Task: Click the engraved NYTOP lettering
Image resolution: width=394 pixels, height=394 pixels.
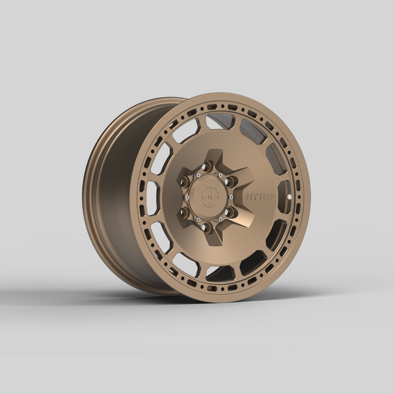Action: point(260,196)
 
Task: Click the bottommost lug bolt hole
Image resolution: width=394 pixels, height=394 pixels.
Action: point(207,226)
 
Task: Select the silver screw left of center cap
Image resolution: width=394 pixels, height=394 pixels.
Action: point(187,196)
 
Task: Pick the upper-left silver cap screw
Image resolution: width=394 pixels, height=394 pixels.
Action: point(198,175)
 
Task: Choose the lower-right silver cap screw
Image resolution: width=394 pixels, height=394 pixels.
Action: point(221,218)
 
